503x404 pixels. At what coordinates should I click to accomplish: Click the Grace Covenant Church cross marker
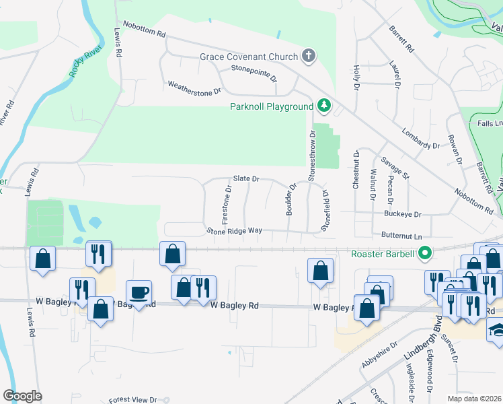(x=309, y=56)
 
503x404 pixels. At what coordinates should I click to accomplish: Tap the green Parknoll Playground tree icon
(x=324, y=106)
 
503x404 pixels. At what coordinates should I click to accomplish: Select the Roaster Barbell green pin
(x=424, y=254)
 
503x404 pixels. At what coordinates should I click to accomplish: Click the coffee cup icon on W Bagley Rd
(x=139, y=293)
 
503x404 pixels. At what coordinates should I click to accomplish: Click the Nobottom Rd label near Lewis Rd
(x=142, y=32)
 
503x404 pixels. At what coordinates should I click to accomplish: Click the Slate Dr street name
(x=246, y=178)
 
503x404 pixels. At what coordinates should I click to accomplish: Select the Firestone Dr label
(x=227, y=205)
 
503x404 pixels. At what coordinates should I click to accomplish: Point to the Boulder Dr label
(x=291, y=199)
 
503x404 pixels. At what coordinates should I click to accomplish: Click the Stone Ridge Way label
(x=234, y=230)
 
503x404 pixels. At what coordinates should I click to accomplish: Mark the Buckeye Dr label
(x=402, y=214)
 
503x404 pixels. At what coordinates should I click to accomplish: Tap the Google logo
(x=22, y=395)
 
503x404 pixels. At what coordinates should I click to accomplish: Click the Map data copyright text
(x=474, y=399)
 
